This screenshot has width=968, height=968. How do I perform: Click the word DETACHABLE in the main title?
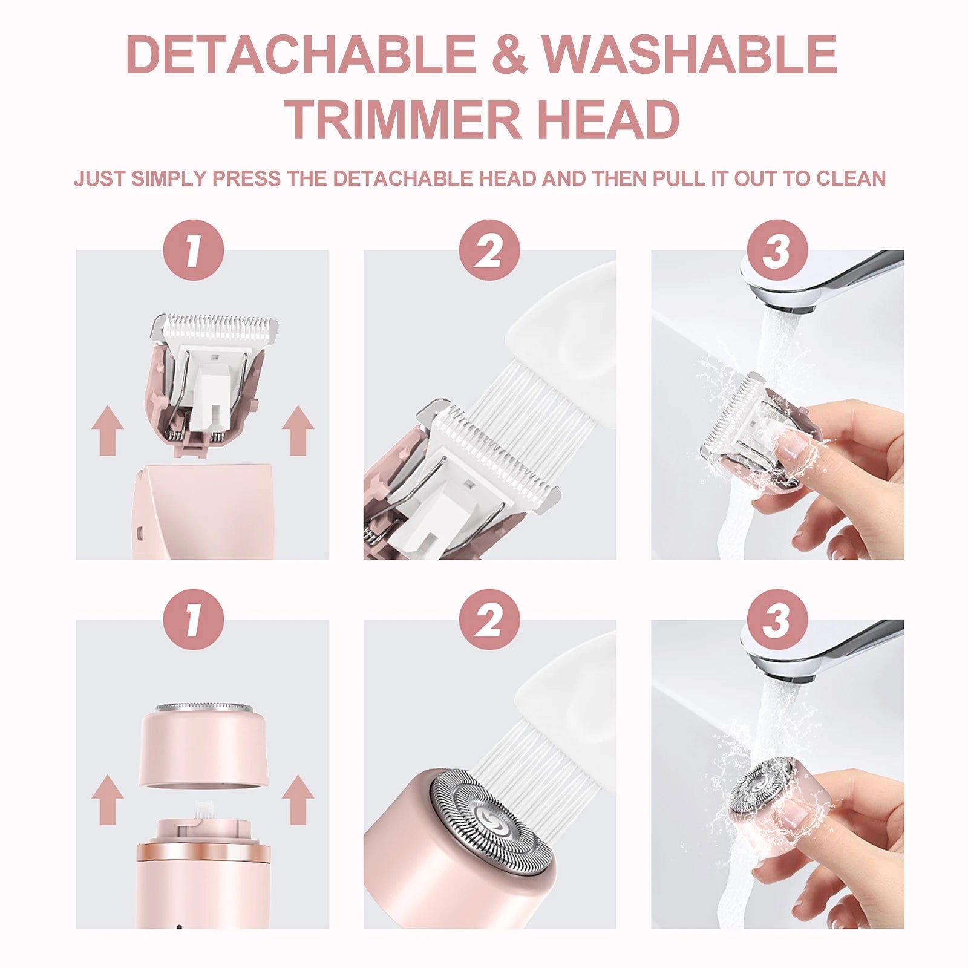pyautogui.click(x=301, y=54)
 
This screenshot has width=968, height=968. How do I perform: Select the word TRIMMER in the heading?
pyautogui.click(x=402, y=119)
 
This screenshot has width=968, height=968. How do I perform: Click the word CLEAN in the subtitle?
pyautogui.click(x=851, y=179)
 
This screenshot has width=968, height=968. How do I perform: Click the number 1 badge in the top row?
pyautogui.click(x=194, y=250)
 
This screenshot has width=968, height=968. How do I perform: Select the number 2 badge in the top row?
pyautogui.click(x=489, y=250)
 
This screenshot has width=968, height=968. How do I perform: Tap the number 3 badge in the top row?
pyautogui.click(x=777, y=250)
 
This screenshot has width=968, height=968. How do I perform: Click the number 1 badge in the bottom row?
pyautogui.click(x=194, y=620)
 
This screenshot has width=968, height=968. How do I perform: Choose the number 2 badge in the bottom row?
pyautogui.click(x=489, y=620)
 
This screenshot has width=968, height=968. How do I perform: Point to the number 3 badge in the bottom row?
pyautogui.click(x=777, y=620)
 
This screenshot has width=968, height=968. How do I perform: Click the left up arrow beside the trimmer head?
pyautogui.click(x=108, y=430)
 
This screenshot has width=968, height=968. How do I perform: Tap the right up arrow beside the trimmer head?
pyautogui.click(x=298, y=430)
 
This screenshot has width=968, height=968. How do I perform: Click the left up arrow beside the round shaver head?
pyautogui.click(x=108, y=800)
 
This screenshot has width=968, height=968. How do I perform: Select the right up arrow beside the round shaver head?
pyautogui.click(x=298, y=800)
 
